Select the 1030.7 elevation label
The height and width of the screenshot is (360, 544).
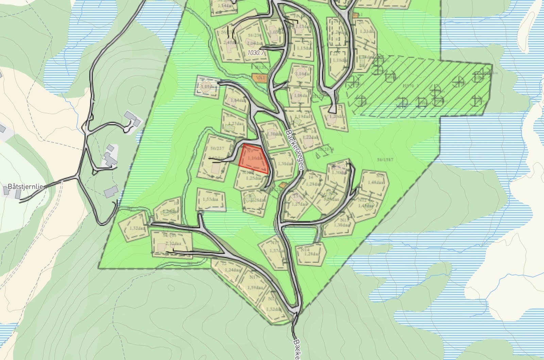coord(256,53)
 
